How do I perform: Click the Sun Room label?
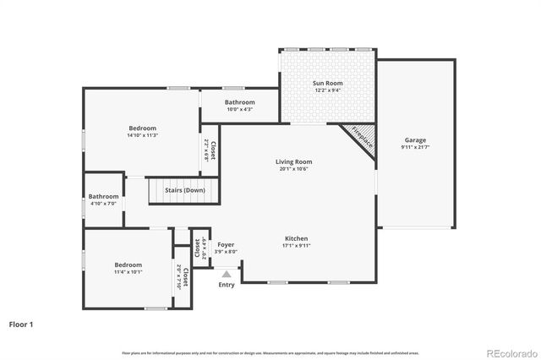pos(327,83)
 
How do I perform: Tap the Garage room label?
pos(415,140)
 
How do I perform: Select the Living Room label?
pos(293,161)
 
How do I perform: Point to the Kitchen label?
pos(296,238)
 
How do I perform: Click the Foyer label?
pos(226,244)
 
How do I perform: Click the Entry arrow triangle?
pos(227,274)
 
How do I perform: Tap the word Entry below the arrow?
pos(227,285)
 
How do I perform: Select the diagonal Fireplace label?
pos(362,136)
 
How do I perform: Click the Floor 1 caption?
pos(22,324)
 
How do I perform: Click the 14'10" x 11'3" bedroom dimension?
pos(142,135)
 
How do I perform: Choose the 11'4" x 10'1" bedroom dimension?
pos(128,272)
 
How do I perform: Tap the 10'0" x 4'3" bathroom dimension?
pos(239,110)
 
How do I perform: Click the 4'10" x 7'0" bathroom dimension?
pos(104,204)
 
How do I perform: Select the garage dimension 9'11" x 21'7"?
pos(415,148)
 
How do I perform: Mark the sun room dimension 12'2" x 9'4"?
pos(327,90)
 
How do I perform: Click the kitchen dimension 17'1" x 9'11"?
pos(296,246)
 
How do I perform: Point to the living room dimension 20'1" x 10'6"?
pos(293,169)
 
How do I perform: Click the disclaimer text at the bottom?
pos(270,352)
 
